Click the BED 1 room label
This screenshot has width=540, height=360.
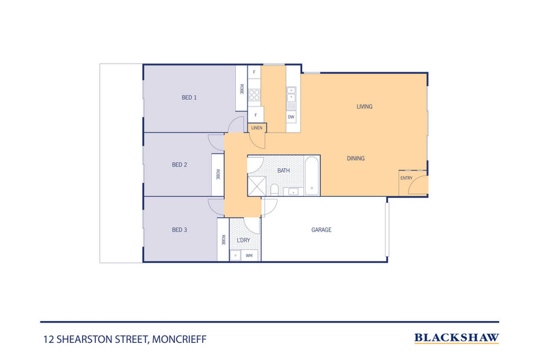click(189, 98)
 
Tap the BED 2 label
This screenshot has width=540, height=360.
click(179, 165)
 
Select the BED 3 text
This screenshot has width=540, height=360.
click(179, 230)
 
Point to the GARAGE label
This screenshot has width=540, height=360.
click(321, 230)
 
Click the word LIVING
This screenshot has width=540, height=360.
click(364, 107)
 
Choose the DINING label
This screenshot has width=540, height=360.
click(355, 158)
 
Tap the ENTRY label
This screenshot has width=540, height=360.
click(407, 178)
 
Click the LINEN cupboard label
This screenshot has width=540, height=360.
click(257, 128)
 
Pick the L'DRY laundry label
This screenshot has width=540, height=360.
click(243, 240)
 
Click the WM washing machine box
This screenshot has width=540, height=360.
click(249, 255)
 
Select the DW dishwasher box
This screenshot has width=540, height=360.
click(291, 117)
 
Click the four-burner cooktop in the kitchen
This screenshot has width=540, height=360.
click(254, 95)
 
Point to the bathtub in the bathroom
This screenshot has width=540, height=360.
click(312, 176)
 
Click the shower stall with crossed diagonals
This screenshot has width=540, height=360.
click(257, 186)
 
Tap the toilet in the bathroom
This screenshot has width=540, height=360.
click(275, 190)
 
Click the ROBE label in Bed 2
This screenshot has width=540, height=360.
click(218, 174)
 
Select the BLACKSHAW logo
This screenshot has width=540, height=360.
click(457, 338)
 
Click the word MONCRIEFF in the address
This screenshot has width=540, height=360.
click(179, 340)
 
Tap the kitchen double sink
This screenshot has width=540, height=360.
click(292, 94)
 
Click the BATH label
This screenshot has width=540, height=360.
click(284, 170)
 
